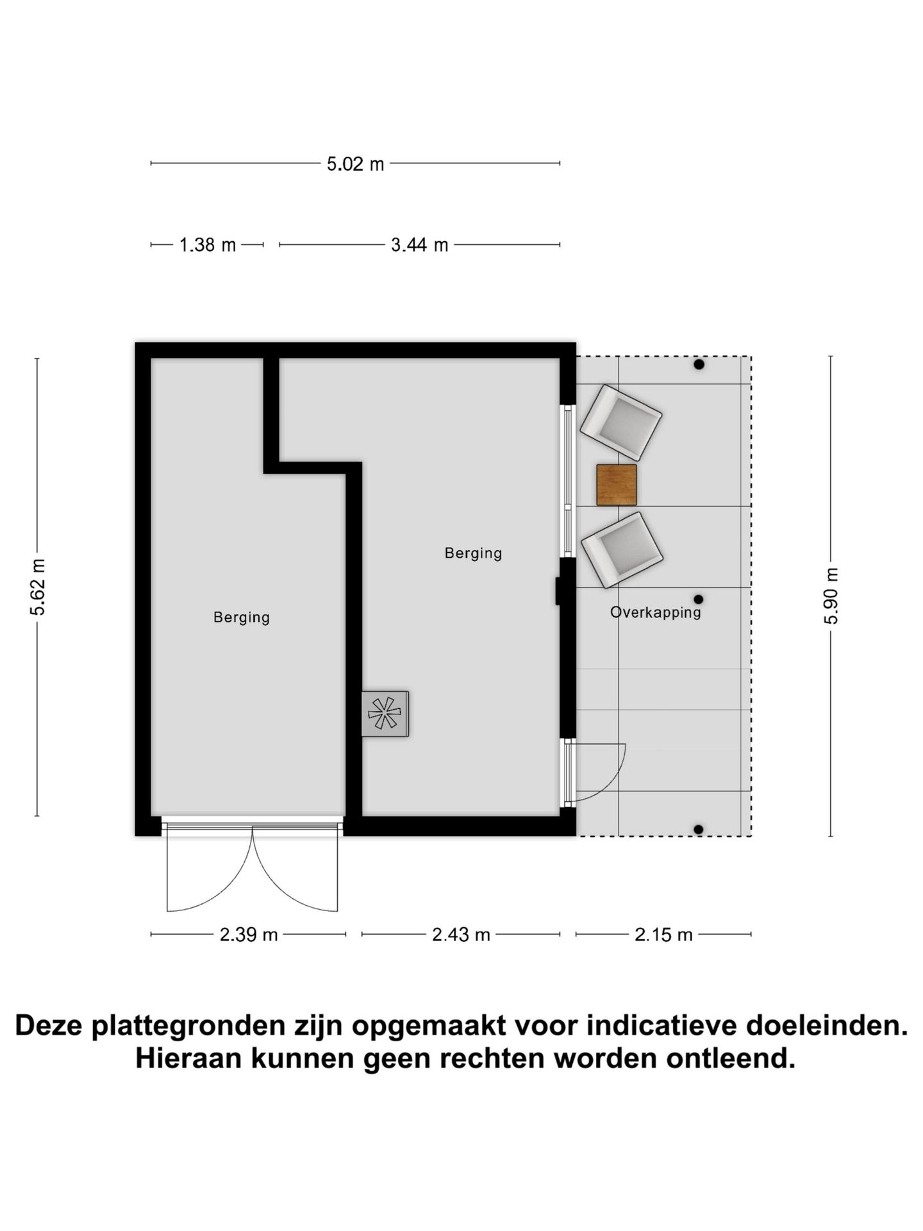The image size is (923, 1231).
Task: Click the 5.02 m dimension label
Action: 355,164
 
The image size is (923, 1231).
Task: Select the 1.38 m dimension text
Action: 207,245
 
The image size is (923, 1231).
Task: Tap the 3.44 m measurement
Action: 419,245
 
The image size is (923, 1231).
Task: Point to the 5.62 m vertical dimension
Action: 38,587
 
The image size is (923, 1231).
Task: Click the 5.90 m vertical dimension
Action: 831,596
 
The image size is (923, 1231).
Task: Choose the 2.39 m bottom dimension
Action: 249,935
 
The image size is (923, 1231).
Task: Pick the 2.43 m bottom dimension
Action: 461,935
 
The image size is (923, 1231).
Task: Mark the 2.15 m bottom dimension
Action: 663,935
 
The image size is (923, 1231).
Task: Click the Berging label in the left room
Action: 242,617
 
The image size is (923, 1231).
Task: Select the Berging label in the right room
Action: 473,553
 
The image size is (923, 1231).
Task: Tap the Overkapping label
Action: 655,612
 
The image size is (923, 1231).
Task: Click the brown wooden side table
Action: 616,485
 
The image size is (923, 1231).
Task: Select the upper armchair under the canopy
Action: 620,422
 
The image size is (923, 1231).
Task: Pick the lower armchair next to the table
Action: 621,549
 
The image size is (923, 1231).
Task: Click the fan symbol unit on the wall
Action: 385,713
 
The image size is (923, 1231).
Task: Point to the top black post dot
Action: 699,364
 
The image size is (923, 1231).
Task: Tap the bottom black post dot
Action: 699,829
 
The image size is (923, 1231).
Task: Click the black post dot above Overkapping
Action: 699,599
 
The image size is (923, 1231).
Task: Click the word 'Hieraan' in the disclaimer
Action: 187,1058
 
